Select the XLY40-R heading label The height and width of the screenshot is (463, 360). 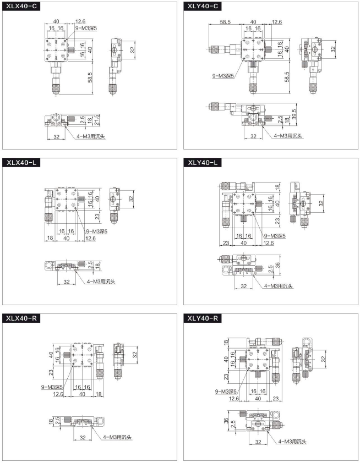click(x=203, y=318)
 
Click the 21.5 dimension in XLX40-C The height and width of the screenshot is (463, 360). click(x=96, y=120)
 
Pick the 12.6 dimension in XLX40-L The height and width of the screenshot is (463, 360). click(x=90, y=238)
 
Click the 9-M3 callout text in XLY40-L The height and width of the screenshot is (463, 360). click(x=275, y=236)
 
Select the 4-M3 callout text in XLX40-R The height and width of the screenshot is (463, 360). click(x=117, y=437)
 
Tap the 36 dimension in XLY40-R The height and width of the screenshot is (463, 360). click(x=226, y=420)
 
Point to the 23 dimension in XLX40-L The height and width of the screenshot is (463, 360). click(x=97, y=217)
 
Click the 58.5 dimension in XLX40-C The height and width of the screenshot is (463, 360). click(x=90, y=78)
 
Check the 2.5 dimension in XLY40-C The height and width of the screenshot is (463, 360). click(x=280, y=119)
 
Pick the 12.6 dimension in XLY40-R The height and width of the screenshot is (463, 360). click(x=234, y=398)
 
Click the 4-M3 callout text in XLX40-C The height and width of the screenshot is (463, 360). click(x=91, y=136)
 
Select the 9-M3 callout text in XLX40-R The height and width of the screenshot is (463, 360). click(x=52, y=387)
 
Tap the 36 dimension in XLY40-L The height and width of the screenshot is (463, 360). click(x=277, y=265)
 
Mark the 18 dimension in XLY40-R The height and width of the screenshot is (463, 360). click(x=226, y=342)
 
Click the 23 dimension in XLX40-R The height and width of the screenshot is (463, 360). click(x=51, y=373)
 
